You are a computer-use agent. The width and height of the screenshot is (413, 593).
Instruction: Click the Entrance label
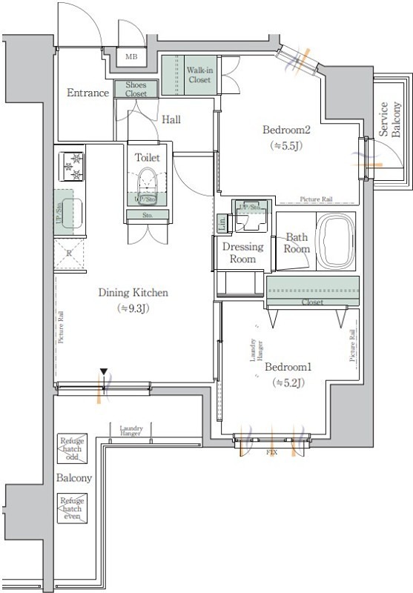[x=88, y=93]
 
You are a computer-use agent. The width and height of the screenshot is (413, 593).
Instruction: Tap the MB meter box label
[x=130, y=56]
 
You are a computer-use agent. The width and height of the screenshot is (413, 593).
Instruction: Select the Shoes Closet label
[x=136, y=89]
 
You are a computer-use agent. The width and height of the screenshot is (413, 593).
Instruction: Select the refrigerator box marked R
[x=69, y=253]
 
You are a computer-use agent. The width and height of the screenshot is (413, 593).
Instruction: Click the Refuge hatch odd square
[x=73, y=448]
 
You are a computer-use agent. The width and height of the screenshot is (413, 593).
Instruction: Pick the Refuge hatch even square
[x=73, y=509]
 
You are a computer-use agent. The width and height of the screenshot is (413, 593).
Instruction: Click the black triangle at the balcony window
[x=105, y=372]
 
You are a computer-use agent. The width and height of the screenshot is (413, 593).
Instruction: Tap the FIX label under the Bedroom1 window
[x=272, y=450]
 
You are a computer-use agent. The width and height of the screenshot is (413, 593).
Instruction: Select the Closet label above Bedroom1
[x=311, y=302]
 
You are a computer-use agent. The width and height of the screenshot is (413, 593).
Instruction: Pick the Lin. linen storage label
[x=222, y=222]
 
